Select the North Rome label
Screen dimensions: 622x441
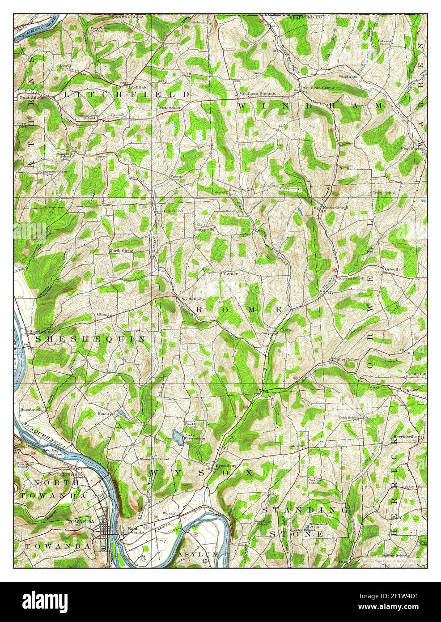click(192, 299)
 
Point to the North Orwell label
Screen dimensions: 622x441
click(335, 208)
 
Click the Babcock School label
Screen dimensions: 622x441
click(386, 42)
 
